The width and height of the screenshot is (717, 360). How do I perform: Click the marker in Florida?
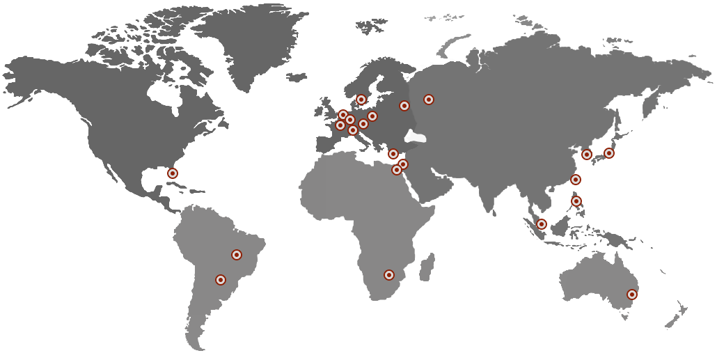click(x=173, y=173)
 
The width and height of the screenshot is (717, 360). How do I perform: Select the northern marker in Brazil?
click(x=237, y=255)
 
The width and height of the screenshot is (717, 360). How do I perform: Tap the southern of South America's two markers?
click(x=221, y=280)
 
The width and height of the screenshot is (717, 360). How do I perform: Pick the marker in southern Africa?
click(x=389, y=275)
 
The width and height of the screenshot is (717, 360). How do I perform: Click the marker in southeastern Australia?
click(x=632, y=295)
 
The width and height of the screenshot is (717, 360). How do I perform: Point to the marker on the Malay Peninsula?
click(x=542, y=224)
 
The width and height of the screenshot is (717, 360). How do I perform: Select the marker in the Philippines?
click(x=576, y=201)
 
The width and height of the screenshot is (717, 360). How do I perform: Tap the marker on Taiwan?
click(x=576, y=180)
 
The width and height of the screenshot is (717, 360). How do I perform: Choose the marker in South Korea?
click(x=587, y=155)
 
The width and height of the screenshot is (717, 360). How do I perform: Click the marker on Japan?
click(x=609, y=153)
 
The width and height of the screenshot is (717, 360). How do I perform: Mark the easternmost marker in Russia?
click(x=429, y=100)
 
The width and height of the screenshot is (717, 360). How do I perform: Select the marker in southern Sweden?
click(x=361, y=100)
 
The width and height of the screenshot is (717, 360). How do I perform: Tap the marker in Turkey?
click(x=393, y=154)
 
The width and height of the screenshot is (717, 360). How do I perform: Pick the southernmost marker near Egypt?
click(x=397, y=170)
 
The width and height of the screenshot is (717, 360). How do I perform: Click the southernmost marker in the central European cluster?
click(x=353, y=130)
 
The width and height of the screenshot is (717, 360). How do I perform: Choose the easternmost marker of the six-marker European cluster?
click(x=372, y=116)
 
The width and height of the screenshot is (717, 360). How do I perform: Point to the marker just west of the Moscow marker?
click(x=404, y=106)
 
